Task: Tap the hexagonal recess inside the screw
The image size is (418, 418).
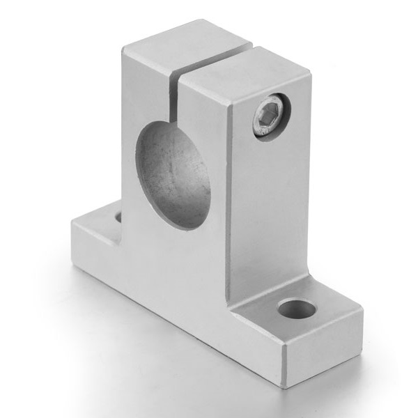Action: tap(270, 115)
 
